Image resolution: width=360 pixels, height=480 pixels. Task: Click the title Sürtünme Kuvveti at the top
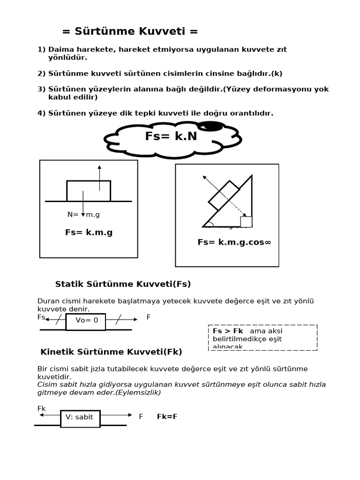(x=130, y=31)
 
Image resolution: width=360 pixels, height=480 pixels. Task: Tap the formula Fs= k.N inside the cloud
(x=171, y=136)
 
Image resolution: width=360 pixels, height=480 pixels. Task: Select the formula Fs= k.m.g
(x=89, y=232)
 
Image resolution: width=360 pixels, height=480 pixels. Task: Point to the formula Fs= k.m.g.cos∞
(x=234, y=242)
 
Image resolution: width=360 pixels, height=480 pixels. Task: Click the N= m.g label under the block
(x=83, y=215)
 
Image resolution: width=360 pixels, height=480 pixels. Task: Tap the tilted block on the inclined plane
(x=224, y=195)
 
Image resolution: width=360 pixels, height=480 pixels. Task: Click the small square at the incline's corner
(x=246, y=222)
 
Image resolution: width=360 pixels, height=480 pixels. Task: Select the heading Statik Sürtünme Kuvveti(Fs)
(x=123, y=284)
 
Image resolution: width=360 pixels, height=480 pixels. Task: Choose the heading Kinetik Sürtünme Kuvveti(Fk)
(x=111, y=352)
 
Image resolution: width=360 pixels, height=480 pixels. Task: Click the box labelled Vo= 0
(x=86, y=322)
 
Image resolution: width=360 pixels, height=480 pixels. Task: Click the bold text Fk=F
(x=167, y=417)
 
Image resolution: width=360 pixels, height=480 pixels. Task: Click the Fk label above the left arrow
(x=41, y=408)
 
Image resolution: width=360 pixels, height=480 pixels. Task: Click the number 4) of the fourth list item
(x=41, y=113)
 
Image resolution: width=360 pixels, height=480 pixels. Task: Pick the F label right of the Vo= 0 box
(x=149, y=317)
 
